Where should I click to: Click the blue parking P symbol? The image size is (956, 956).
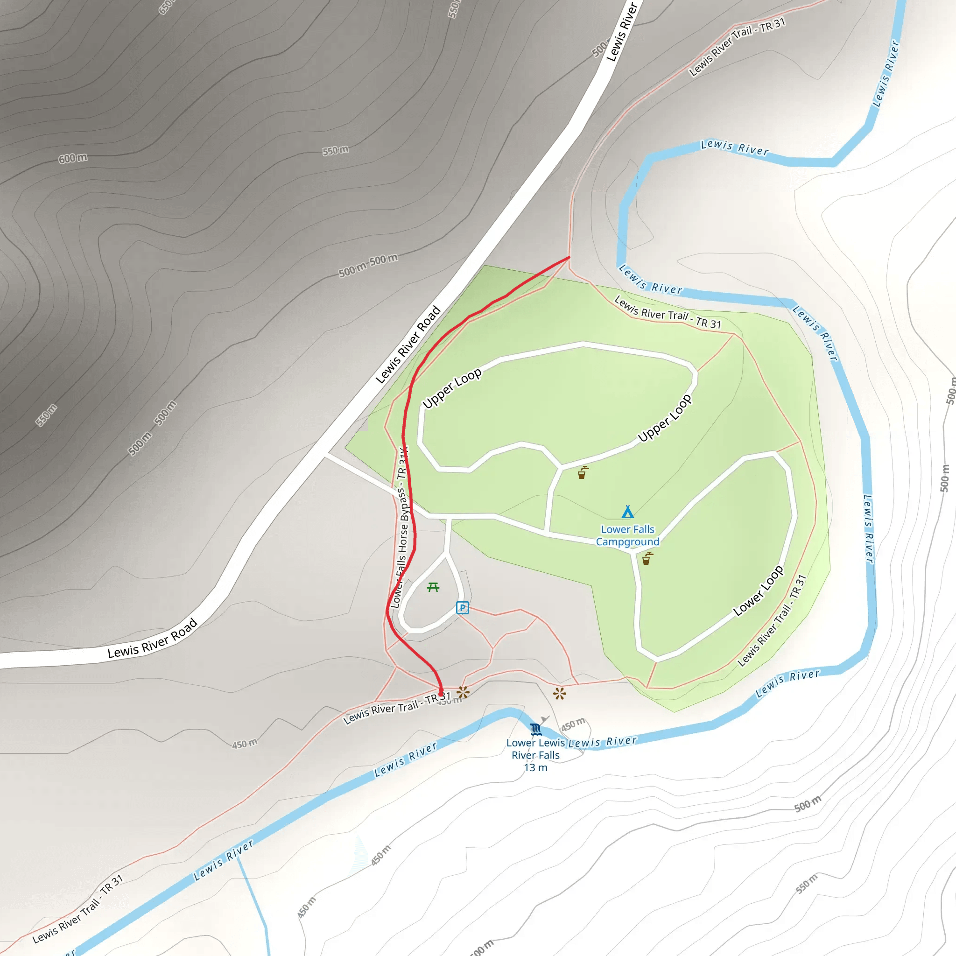click(462, 608)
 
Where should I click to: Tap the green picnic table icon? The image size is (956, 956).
click(433, 587)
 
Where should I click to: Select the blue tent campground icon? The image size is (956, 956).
click(627, 511)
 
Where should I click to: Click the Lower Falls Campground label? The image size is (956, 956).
click(627, 535)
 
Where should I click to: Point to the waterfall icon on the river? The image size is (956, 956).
click(535, 729)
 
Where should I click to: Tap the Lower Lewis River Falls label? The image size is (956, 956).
click(535, 749)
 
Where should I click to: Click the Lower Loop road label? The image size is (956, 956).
click(758, 591)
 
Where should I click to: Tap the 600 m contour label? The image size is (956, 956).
click(73, 158)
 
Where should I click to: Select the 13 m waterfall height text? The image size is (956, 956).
click(535, 767)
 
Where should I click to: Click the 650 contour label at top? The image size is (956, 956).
click(166, 7)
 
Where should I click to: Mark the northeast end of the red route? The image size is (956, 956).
click(569, 257)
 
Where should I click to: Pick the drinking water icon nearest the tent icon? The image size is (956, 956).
click(647, 559)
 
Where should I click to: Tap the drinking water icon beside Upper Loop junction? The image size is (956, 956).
click(583, 472)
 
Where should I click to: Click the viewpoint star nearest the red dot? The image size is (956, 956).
click(463, 692)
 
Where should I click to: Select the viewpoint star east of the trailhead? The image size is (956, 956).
click(560, 693)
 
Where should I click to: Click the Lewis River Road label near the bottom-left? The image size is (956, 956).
click(152, 638)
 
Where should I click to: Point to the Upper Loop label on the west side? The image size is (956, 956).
click(452, 388)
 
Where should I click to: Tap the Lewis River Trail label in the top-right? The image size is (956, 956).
click(737, 47)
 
